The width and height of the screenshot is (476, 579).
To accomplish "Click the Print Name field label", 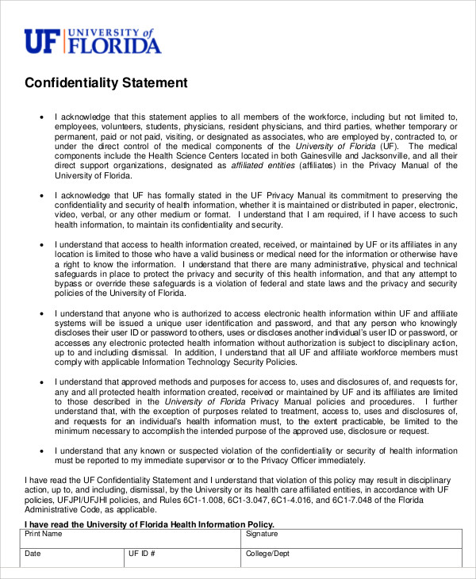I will pos(44,535).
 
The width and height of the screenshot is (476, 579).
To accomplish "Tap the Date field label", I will pos(33,553).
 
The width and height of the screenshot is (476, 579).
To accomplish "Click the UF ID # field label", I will pos(141,553).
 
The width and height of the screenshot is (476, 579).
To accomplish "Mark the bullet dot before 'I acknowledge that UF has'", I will pos(43,195).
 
